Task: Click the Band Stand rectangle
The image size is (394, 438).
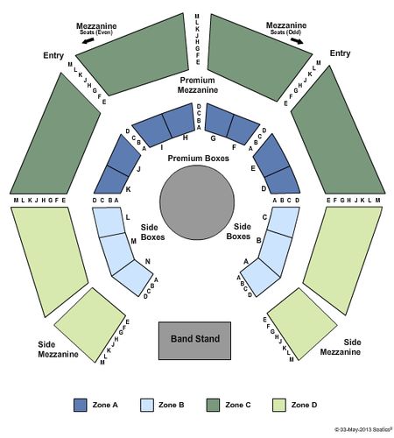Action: coord(194,341)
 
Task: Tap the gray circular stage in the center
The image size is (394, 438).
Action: coord(197,202)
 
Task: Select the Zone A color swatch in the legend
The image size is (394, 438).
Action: coord(81,406)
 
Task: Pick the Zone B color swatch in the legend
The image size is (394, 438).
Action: coord(147,406)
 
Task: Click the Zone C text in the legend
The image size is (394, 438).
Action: coord(238,405)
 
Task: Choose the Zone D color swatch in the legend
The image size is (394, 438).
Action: coord(279,406)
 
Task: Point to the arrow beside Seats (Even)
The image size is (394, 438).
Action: coord(88,40)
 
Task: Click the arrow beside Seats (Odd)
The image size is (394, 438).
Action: coord(298,40)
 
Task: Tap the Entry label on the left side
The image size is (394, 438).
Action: coord(53,55)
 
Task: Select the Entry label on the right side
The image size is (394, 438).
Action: coord(340,53)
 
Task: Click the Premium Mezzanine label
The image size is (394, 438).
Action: coord(198,85)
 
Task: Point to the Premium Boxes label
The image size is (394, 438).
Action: coord(198,159)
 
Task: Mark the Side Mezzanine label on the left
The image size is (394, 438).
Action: coord(58,350)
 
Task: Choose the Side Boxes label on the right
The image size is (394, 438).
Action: coord(238,231)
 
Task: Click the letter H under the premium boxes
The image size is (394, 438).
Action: coord(185,138)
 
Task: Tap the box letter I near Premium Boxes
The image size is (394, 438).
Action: coord(162,147)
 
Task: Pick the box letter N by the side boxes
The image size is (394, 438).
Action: coord(148,261)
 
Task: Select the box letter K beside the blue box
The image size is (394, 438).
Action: coord(128,189)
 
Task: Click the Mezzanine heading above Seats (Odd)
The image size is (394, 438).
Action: coord(286,25)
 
